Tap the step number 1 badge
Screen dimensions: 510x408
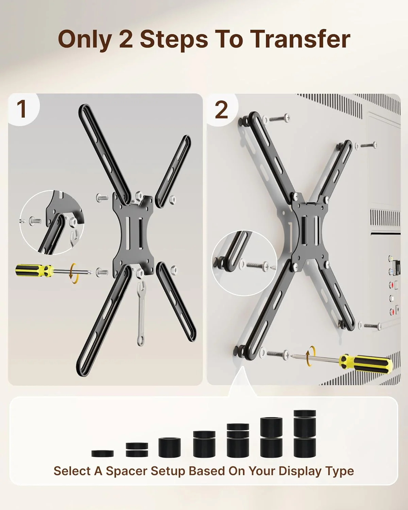(22, 109)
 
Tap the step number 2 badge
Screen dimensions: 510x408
(221, 110)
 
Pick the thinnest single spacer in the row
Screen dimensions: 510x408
(102, 453)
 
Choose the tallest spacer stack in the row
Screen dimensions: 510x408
(304, 434)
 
